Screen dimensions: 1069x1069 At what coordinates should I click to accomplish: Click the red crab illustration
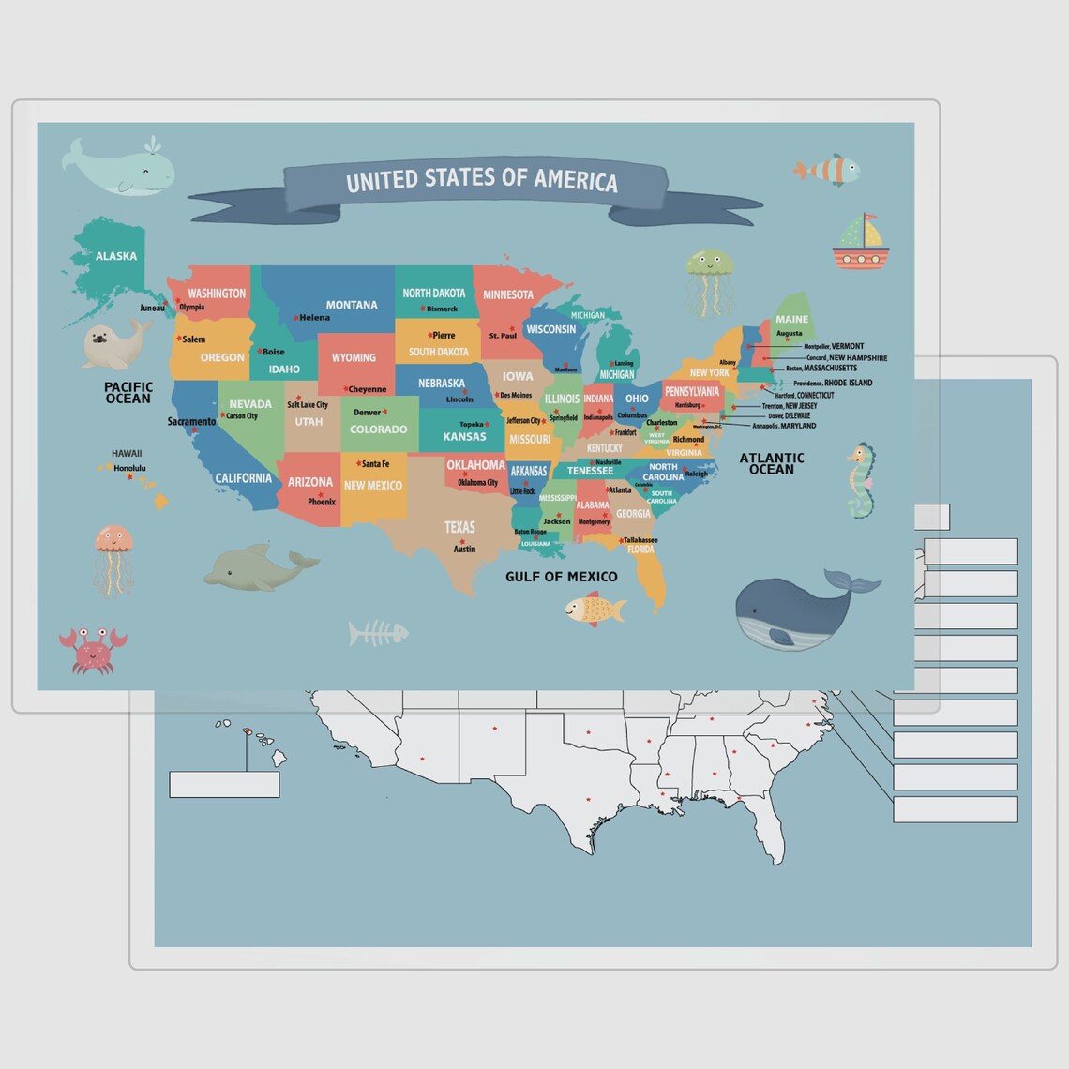pyautogui.click(x=92, y=649)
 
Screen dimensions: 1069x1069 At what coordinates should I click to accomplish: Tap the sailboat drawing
pyautogui.click(x=858, y=242)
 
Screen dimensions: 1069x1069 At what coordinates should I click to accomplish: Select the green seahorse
pyautogui.click(x=860, y=481)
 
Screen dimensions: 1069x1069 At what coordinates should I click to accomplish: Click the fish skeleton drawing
pyautogui.click(x=377, y=634)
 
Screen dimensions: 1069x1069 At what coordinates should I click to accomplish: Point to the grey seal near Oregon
pyautogui.click(x=114, y=345)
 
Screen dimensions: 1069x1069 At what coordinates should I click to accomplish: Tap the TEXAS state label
pyautogui.click(x=459, y=527)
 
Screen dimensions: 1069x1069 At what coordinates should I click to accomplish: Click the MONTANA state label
pyautogui.click(x=352, y=305)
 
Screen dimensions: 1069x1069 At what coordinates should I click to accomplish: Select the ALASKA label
pyautogui.click(x=116, y=256)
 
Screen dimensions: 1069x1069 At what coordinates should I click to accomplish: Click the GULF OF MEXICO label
pyautogui.click(x=561, y=577)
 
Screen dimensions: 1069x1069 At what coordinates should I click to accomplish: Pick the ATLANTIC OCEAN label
pyautogui.click(x=772, y=463)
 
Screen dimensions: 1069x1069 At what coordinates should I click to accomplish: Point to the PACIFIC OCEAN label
pyautogui.click(x=128, y=393)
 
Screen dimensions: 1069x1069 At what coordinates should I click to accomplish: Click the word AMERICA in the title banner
pyautogui.click(x=576, y=179)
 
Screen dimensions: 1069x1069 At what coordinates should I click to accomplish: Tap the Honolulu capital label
pyautogui.click(x=129, y=468)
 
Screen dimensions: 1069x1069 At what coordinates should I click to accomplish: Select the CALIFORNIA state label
pyautogui.click(x=243, y=478)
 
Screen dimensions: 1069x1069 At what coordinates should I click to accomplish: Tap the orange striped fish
pyautogui.click(x=827, y=170)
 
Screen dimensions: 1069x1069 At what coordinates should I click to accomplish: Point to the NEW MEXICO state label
pyautogui.click(x=372, y=486)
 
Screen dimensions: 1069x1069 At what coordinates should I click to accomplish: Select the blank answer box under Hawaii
pyautogui.click(x=224, y=784)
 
